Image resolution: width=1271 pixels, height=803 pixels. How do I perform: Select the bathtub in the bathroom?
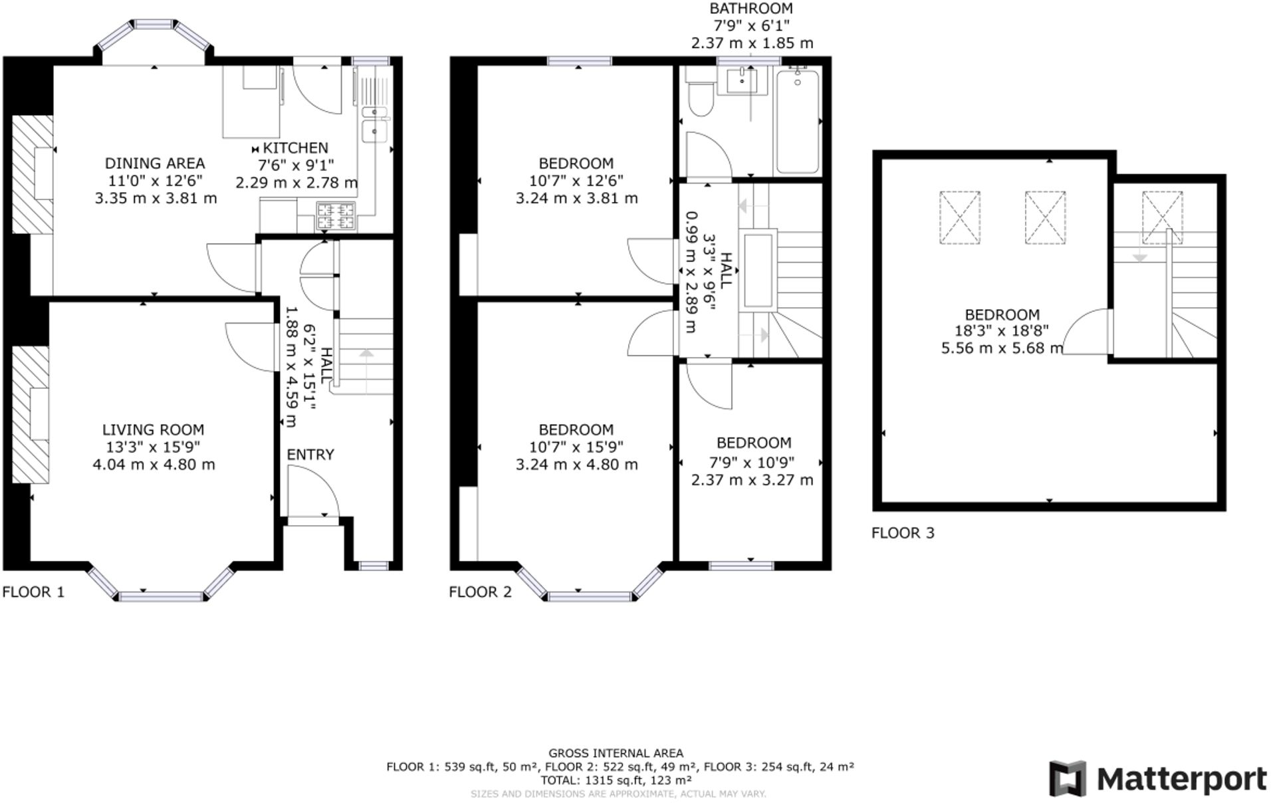[797, 121]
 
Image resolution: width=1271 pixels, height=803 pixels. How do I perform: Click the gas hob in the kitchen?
[336, 215]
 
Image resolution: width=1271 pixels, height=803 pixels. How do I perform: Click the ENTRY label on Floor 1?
[310, 455]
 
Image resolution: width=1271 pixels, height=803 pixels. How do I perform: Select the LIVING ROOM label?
[153, 430]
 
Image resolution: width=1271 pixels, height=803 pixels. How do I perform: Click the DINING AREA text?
[155, 163]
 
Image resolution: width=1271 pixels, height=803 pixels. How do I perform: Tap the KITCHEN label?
[295, 148]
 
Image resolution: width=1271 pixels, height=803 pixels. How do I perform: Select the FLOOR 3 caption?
[902, 532]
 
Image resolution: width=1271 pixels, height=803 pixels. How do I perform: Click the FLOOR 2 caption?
[480, 592]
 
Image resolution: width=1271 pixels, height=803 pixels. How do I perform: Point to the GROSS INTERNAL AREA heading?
[616, 753]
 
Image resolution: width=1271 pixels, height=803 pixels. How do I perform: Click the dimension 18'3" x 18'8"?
[1002, 331]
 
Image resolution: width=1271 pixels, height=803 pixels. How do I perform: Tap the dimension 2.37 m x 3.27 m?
[752, 480]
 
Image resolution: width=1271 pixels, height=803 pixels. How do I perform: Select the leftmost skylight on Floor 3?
[959, 217]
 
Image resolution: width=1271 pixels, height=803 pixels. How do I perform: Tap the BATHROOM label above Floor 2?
[751, 9]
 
